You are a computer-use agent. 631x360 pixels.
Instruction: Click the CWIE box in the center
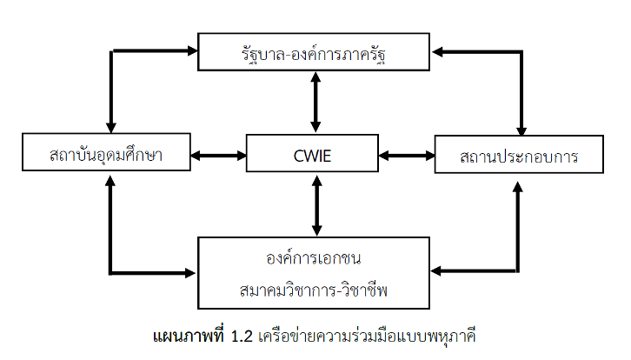coord(313,157)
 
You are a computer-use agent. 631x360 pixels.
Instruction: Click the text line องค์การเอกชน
coord(314,258)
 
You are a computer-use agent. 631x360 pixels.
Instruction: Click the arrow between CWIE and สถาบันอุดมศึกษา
coord(218,157)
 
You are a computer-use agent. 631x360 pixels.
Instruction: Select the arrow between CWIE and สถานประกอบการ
coord(407,157)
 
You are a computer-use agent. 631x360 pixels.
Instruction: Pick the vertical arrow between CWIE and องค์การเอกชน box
coord(315,205)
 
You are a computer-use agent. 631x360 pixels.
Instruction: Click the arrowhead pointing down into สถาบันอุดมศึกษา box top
coord(110,126)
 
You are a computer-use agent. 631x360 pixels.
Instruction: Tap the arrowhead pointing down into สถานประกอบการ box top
coord(521,127)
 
